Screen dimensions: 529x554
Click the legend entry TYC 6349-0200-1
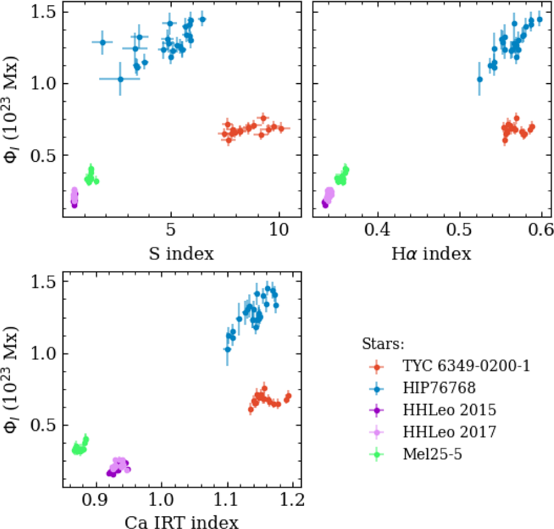(x=466, y=366)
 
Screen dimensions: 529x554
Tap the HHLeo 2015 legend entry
(x=449, y=410)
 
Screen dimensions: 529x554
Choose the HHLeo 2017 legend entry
(x=449, y=432)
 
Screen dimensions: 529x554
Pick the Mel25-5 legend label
(x=432, y=454)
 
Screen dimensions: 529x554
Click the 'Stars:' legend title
(x=383, y=344)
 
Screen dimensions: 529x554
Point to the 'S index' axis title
(x=181, y=253)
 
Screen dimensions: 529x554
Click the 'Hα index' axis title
(x=431, y=253)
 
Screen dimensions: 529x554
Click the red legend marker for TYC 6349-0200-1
(x=378, y=366)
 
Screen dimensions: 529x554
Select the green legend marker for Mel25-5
(x=378, y=455)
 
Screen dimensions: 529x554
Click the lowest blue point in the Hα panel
(x=480, y=79)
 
